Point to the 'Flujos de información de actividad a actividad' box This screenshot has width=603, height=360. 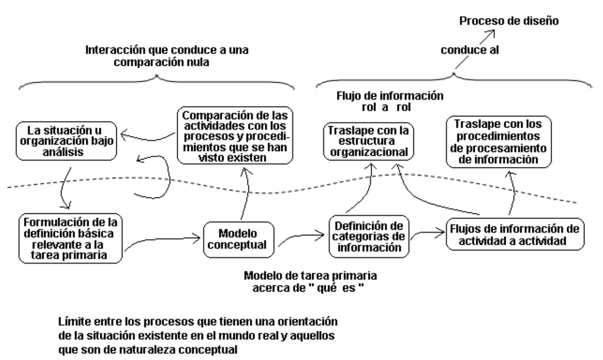tap(512, 235)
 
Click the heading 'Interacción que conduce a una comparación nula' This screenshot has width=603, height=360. tap(168, 56)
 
